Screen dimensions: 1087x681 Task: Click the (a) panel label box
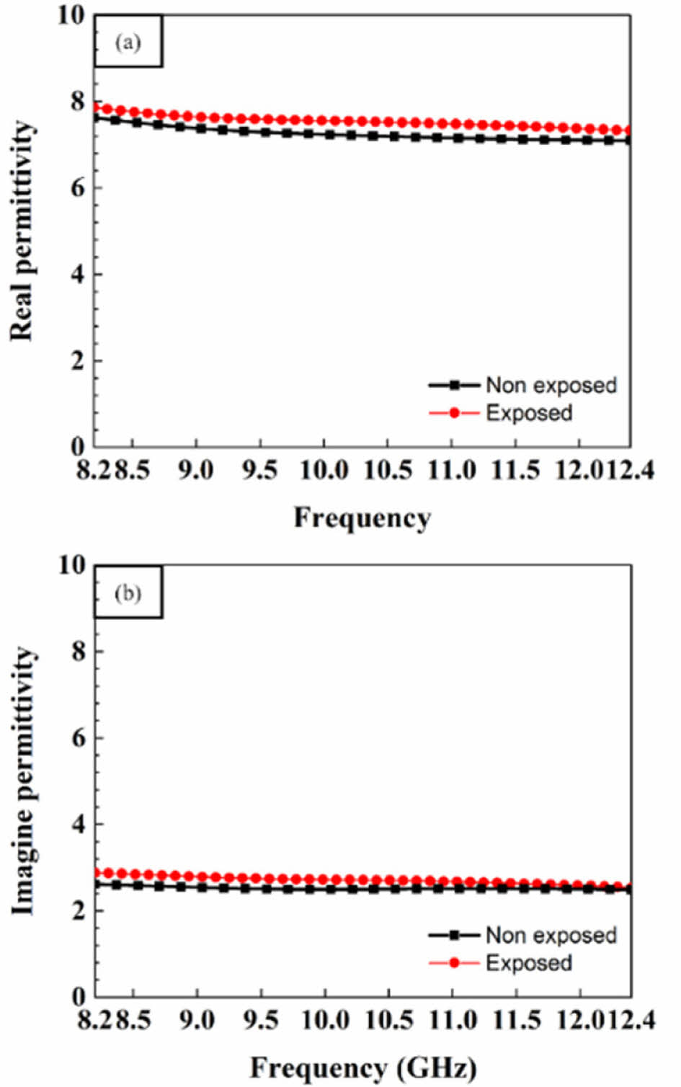click(128, 43)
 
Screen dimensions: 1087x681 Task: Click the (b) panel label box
click(128, 593)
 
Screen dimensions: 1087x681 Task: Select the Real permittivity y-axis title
click(22, 231)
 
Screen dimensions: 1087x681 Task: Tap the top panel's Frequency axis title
click(362, 517)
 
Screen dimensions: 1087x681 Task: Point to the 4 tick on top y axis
click(78, 275)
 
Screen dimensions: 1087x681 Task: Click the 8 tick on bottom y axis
click(78, 652)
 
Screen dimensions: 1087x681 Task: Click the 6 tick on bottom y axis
click(78, 738)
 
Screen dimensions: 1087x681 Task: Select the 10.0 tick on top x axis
click(324, 471)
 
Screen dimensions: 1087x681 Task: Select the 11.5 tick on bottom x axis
click(516, 1021)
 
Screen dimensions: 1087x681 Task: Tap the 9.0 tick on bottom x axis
click(196, 1021)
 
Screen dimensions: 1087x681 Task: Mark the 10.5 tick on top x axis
click(388, 471)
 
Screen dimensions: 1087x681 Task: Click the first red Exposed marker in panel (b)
click(98, 873)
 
